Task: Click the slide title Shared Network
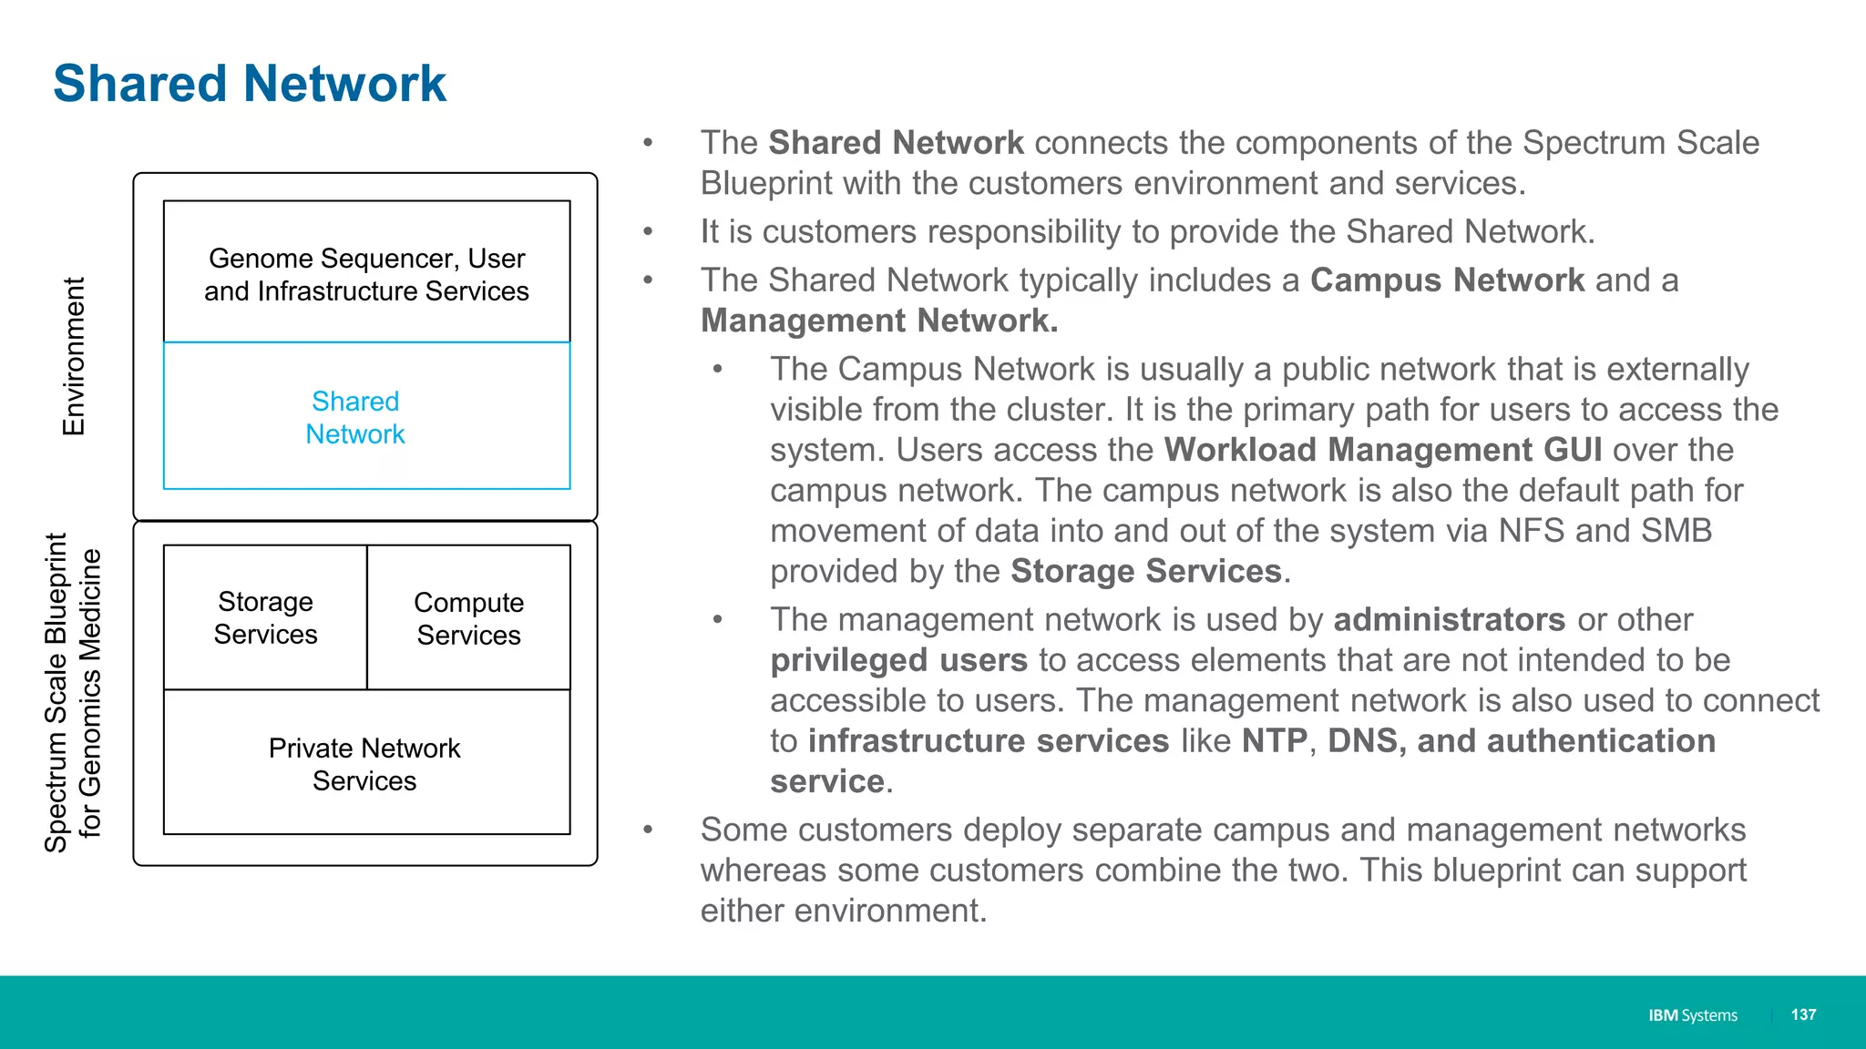pyautogui.click(x=250, y=84)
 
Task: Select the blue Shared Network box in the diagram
pyautogui.click(x=366, y=416)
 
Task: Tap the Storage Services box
pyautogui.click(x=265, y=617)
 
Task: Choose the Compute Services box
pyautogui.click(x=469, y=617)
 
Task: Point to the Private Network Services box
pyautogui.click(x=366, y=763)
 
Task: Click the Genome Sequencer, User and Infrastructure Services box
pyautogui.click(x=366, y=273)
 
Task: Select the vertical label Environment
pyautogui.click(x=73, y=356)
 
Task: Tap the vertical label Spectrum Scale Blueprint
pyautogui.click(x=56, y=692)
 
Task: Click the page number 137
pyautogui.click(x=1803, y=1014)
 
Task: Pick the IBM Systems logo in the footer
pyautogui.click(x=1692, y=1015)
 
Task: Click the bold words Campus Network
pyautogui.click(x=1447, y=280)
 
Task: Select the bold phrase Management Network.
pyautogui.click(x=878, y=321)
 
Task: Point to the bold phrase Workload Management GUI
pyautogui.click(x=1382, y=450)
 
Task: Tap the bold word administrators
pyautogui.click(x=1449, y=620)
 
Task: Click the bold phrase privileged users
pyautogui.click(x=898, y=660)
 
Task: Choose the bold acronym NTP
pyautogui.click(x=1274, y=741)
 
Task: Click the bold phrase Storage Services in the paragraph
pyautogui.click(x=1145, y=571)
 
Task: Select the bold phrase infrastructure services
pyautogui.click(x=988, y=741)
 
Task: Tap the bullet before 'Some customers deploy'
pyautogui.click(x=648, y=830)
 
